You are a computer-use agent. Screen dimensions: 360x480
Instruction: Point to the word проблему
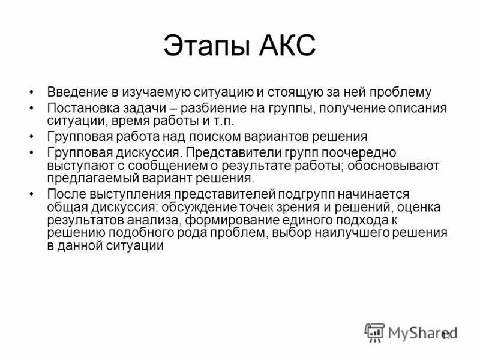click(x=403, y=92)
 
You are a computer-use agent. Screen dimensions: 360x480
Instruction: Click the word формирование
click(x=239, y=220)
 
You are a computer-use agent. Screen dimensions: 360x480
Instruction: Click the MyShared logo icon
click(x=375, y=332)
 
